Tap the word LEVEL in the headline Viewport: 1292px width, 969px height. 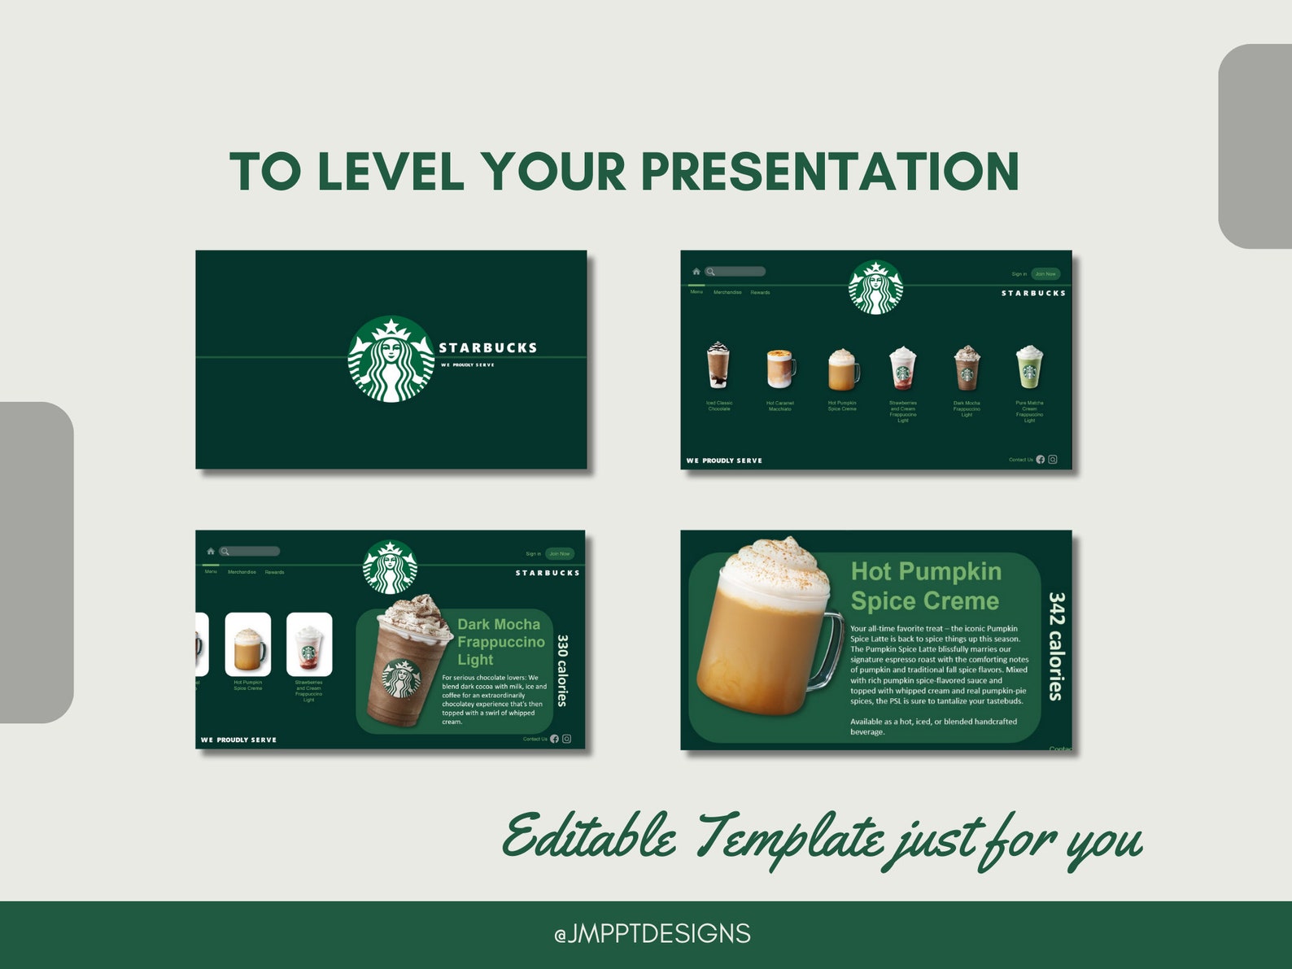(x=391, y=172)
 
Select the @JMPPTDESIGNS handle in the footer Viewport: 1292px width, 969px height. (x=652, y=933)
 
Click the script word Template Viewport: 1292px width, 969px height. (x=789, y=838)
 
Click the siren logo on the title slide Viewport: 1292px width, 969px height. (x=391, y=359)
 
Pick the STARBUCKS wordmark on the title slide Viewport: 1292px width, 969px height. (x=488, y=347)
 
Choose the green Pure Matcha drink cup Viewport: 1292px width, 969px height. (x=1029, y=367)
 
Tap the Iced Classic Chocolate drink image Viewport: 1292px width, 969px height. (x=718, y=365)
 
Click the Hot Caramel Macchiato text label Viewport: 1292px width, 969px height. (x=779, y=406)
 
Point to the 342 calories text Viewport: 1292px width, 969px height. (x=1056, y=646)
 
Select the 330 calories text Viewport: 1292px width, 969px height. (x=562, y=670)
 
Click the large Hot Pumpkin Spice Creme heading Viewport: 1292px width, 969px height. (x=926, y=586)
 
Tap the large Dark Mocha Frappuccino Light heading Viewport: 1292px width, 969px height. (x=500, y=642)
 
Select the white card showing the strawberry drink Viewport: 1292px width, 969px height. (x=309, y=644)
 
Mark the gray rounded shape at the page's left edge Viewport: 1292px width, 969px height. (x=37, y=561)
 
